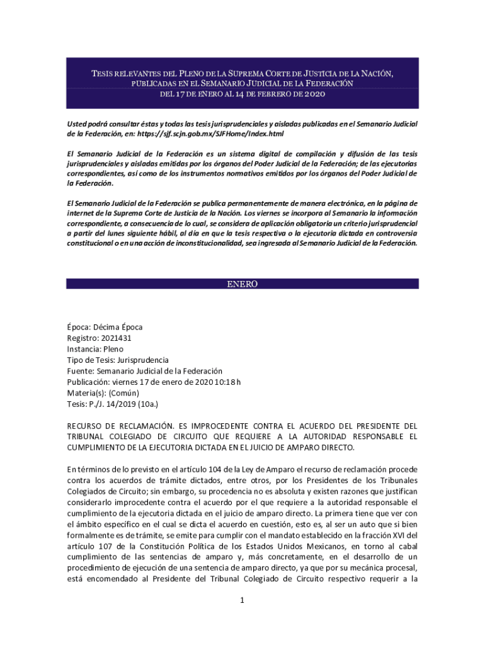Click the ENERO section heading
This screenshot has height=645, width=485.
coord(243,284)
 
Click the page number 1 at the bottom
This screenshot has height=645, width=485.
coord(242,600)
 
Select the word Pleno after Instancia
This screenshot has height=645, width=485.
coord(113,349)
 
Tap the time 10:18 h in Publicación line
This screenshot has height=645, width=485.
coord(229,382)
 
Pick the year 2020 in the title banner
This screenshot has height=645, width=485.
coord(313,94)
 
